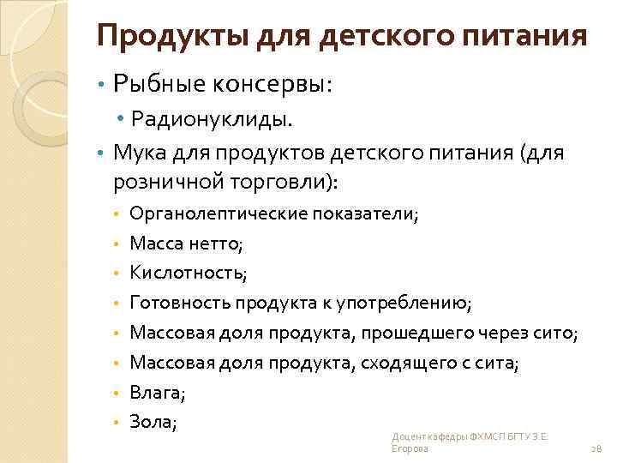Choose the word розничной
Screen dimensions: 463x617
point(166,182)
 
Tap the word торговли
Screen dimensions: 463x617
point(285,182)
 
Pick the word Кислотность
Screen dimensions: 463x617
point(188,274)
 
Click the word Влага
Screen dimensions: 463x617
point(156,393)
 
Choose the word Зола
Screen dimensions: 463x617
point(153,422)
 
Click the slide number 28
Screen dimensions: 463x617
point(596,448)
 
